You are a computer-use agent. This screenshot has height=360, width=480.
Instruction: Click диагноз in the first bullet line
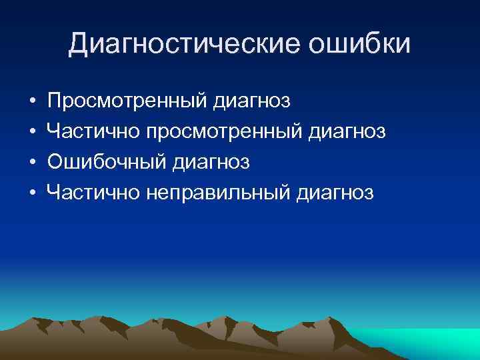[x=253, y=101]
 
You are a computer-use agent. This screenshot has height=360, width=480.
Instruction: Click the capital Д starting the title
[x=78, y=44]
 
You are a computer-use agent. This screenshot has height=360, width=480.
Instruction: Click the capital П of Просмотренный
[x=55, y=101]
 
